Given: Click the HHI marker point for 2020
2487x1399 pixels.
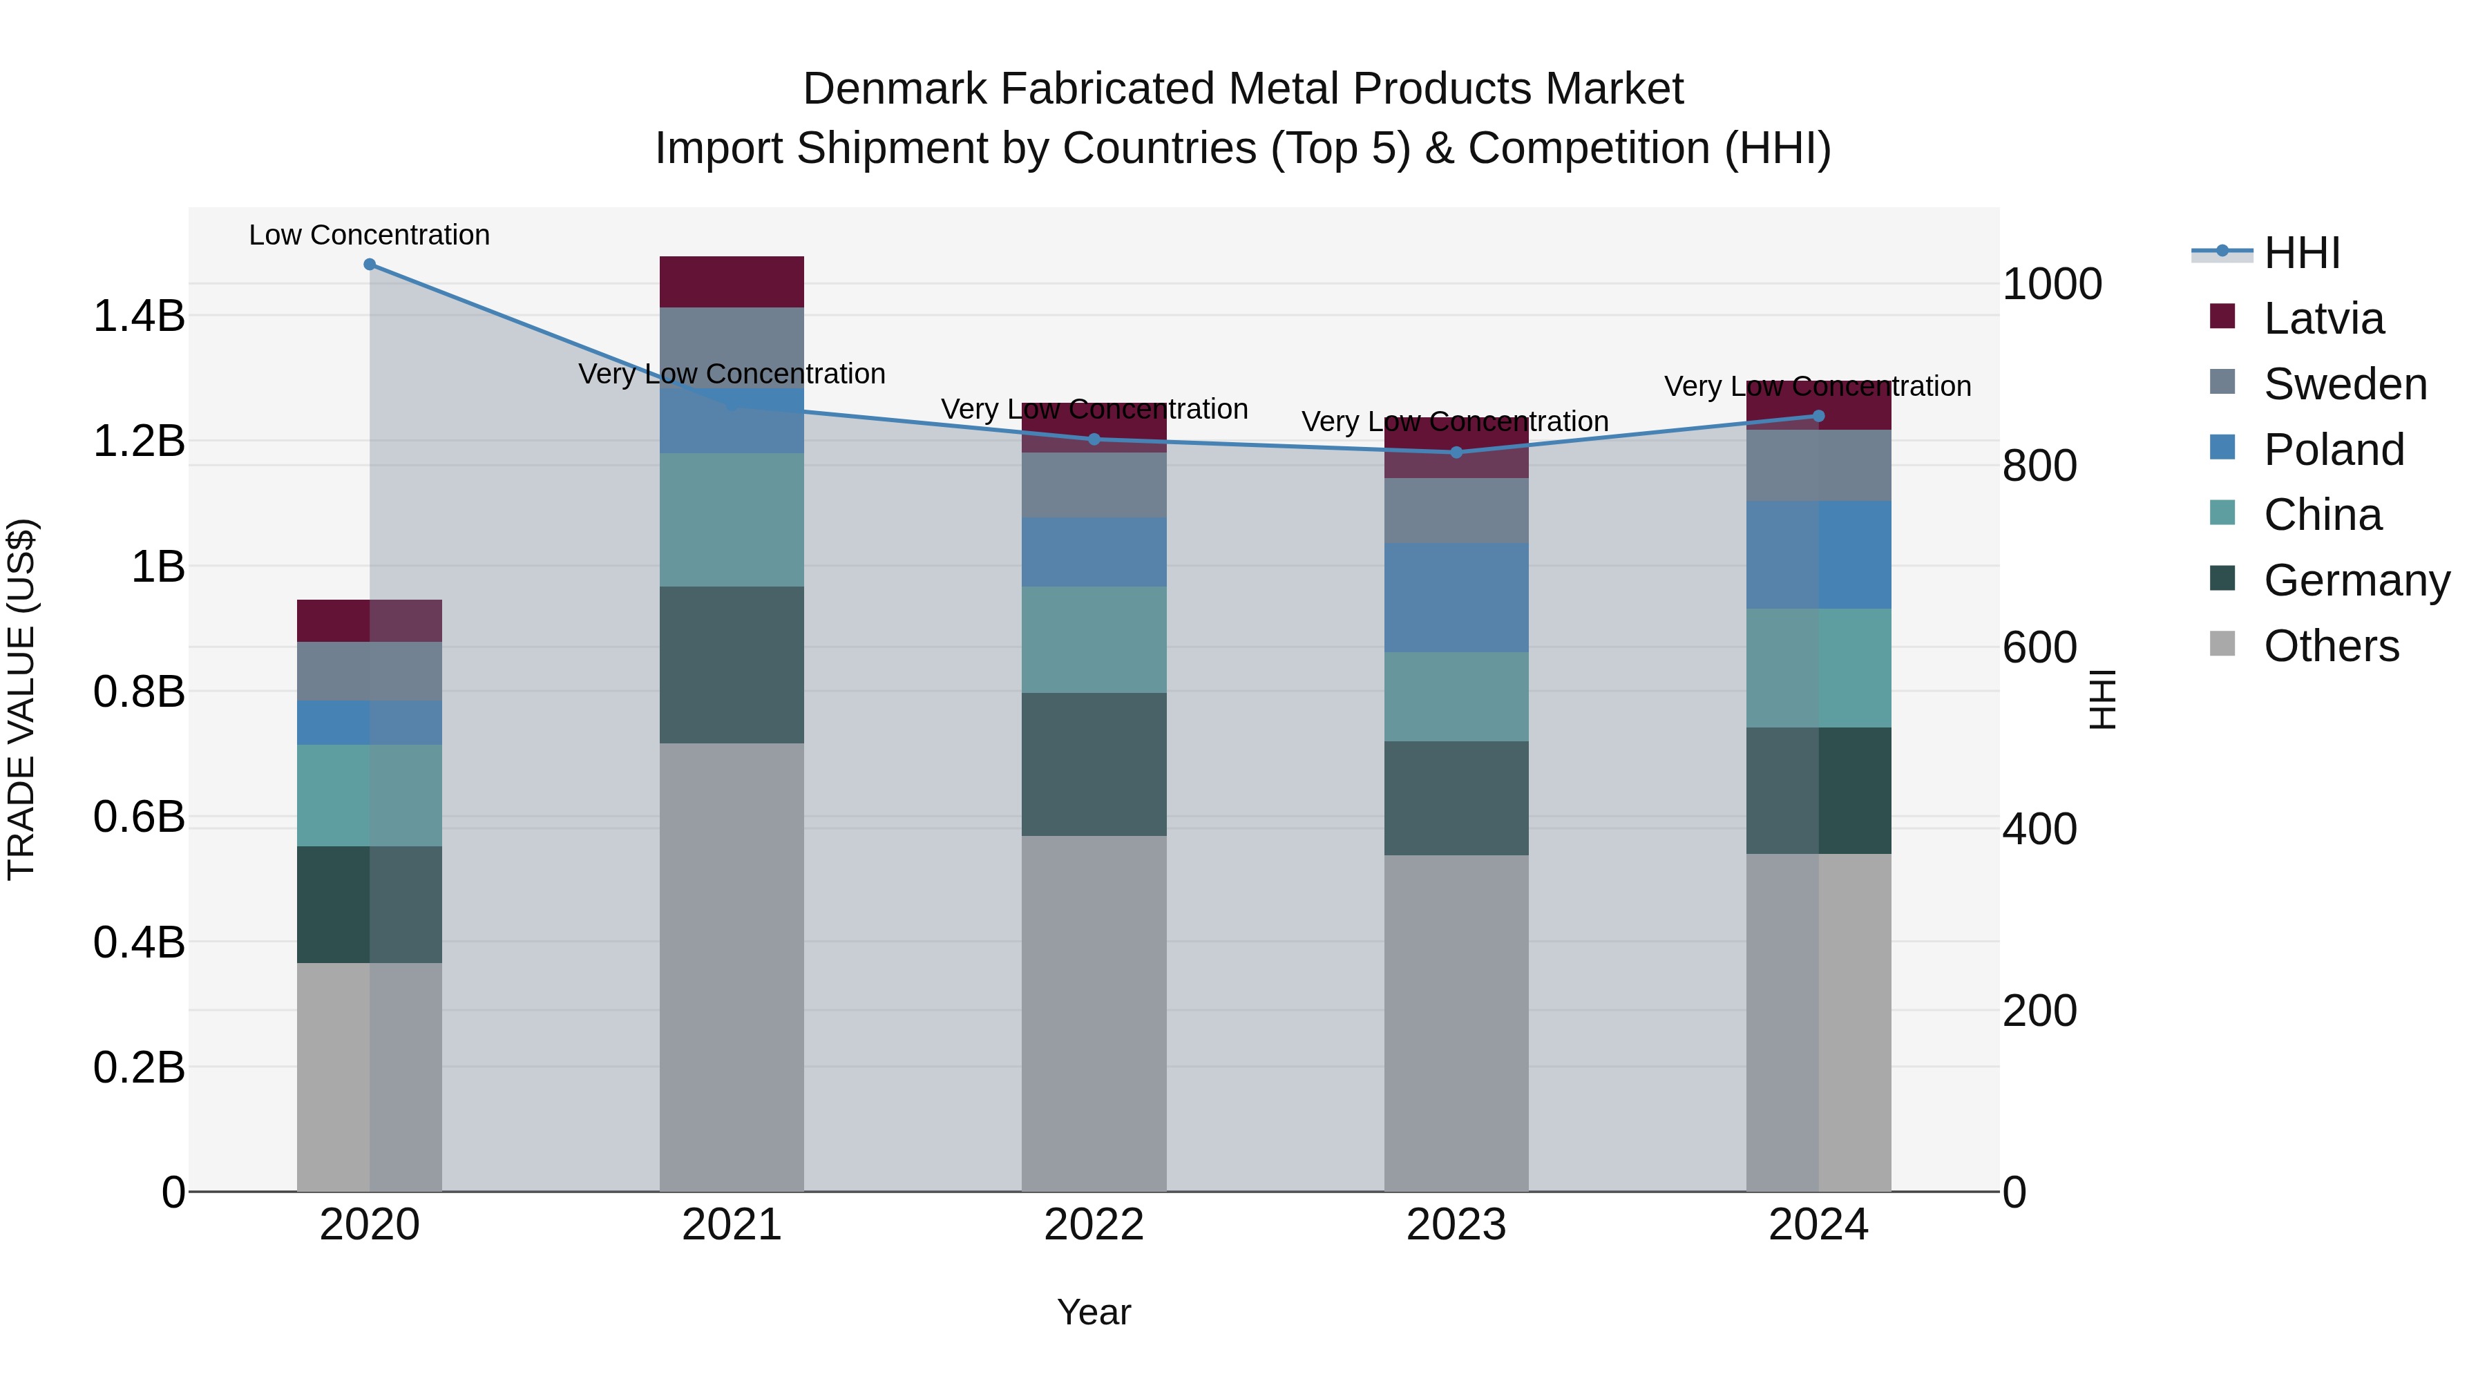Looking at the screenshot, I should point(370,265).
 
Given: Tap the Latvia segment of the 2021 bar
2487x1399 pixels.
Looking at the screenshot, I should point(732,282).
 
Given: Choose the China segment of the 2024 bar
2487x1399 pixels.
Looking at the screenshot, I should point(1818,667).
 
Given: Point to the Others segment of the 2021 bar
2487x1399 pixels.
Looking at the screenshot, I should point(732,966).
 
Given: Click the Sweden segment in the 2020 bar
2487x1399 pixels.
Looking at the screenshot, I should point(370,671).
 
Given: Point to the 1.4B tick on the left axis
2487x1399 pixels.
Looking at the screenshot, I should point(139,316).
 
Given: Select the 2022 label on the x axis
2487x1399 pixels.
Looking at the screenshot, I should point(1094,1225).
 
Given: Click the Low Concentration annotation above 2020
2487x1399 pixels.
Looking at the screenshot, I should point(370,235).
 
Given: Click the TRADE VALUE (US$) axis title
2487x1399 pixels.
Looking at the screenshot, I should point(21,699).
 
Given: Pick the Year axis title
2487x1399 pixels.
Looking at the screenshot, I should point(1094,1312).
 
